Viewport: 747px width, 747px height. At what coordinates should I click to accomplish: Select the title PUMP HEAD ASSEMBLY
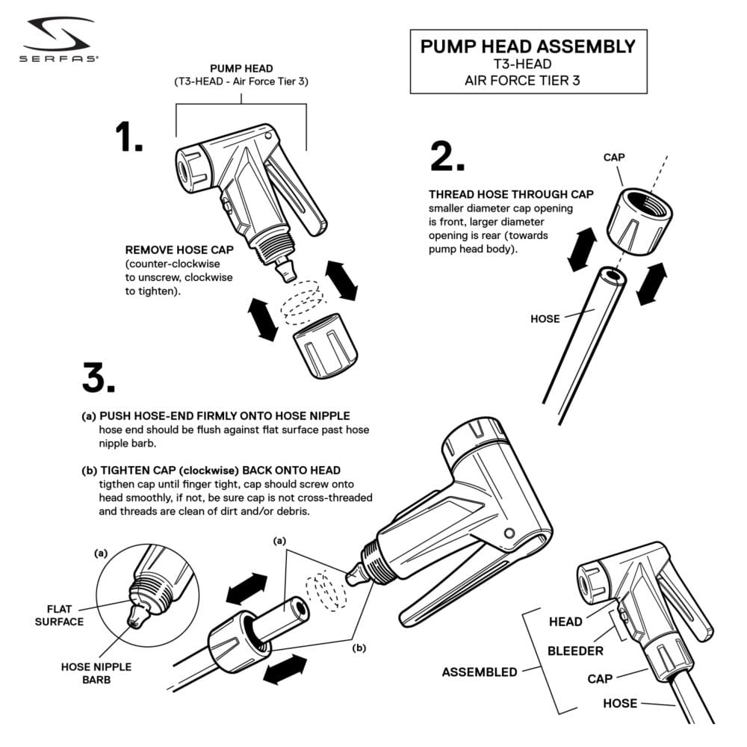pyautogui.click(x=527, y=46)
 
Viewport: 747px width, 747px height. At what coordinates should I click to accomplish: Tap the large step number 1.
pyautogui.click(x=128, y=137)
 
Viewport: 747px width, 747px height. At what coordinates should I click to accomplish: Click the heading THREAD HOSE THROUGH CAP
pyautogui.click(x=511, y=194)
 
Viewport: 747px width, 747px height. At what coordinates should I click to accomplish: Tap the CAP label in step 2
pyautogui.click(x=615, y=158)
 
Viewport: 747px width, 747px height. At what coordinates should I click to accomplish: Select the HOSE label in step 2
pyautogui.click(x=545, y=319)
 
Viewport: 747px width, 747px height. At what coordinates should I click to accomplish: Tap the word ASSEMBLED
pyautogui.click(x=479, y=672)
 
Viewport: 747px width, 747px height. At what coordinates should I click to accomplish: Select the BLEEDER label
pyautogui.click(x=575, y=651)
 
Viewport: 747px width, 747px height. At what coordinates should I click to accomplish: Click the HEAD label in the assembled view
pyautogui.click(x=565, y=622)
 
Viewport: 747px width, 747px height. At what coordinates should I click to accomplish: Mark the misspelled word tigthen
pyautogui.click(x=117, y=484)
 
